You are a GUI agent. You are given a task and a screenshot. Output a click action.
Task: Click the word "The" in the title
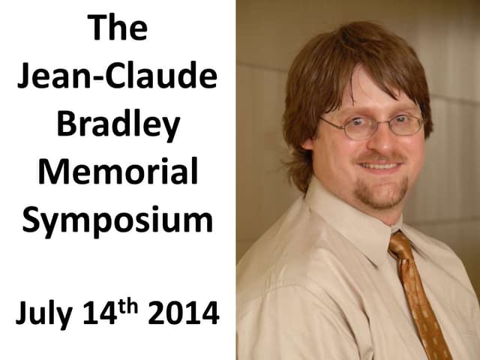[118, 29]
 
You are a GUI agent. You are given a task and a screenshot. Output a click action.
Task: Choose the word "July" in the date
[46, 313]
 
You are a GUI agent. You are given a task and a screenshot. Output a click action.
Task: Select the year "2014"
[184, 313]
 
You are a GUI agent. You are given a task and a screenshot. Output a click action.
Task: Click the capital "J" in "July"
[22, 313]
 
